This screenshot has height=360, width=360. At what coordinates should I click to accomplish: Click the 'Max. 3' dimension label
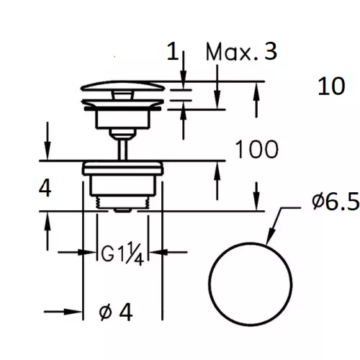(241, 52)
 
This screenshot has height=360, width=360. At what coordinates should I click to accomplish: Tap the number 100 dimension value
(257, 149)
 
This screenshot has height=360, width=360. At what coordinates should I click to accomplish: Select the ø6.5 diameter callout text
(336, 202)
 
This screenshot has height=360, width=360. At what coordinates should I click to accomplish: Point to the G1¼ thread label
(122, 253)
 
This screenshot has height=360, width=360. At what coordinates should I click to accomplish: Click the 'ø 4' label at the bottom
(116, 312)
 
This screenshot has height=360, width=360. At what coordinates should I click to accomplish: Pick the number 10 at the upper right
(331, 86)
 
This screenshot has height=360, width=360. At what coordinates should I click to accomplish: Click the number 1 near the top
(173, 51)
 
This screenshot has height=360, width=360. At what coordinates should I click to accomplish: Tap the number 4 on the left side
(45, 188)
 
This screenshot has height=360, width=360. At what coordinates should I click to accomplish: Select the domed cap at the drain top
(123, 86)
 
